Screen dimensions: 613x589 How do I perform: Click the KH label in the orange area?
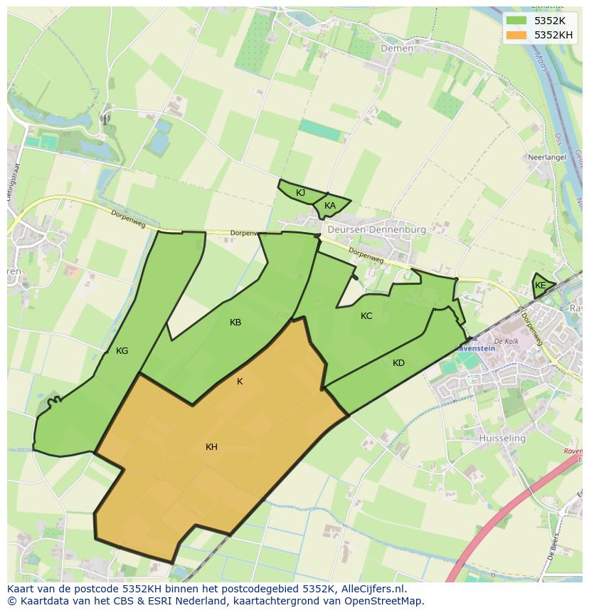click(211, 447)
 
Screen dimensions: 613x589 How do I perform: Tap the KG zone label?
click(122, 351)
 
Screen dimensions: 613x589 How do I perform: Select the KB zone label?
click(235, 323)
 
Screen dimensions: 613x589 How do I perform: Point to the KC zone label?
click(366, 316)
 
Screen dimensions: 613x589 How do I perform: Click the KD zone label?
click(398, 363)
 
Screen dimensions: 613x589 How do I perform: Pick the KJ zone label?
click(300, 193)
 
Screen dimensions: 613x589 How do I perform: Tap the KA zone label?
click(330, 206)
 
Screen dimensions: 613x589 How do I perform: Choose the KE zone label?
click(541, 285)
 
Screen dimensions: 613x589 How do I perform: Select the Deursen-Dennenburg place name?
click(376, 230)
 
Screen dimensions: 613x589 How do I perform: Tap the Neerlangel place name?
click(546, 157)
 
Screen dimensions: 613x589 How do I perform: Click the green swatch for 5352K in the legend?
click(517, 21)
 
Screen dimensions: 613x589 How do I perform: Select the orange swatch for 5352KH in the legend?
click(517, 34)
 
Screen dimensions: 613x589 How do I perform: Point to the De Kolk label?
click(506, 341)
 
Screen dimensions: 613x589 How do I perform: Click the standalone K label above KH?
click(240, 382)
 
